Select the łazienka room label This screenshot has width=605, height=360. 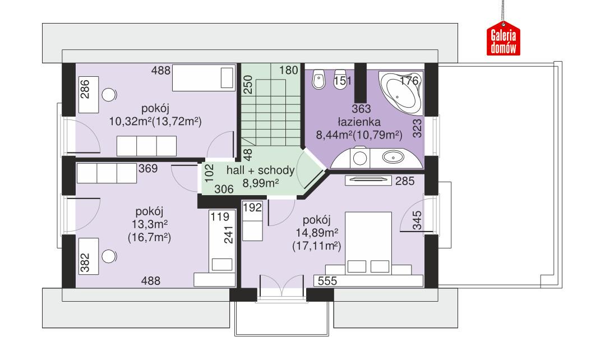(x=359, y=121)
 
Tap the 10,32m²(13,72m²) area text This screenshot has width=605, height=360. (x=156, y=121)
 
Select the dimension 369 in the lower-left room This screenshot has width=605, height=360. (x=149, y=167)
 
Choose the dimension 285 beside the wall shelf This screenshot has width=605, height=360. (x=404, y=181)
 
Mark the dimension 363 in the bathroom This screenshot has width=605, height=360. (x=360, y=108)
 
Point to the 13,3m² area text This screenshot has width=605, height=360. (x=149, y=225)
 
